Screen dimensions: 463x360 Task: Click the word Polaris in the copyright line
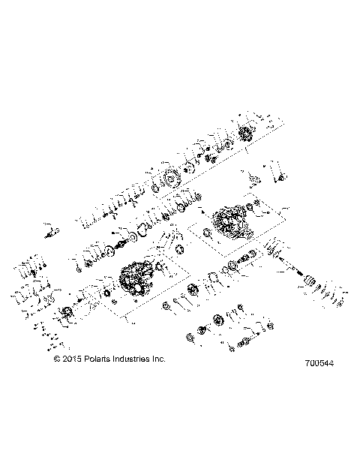click(97, 359)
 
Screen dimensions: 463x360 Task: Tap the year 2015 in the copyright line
click(70, 359)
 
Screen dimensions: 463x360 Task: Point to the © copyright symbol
click(57, 359)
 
